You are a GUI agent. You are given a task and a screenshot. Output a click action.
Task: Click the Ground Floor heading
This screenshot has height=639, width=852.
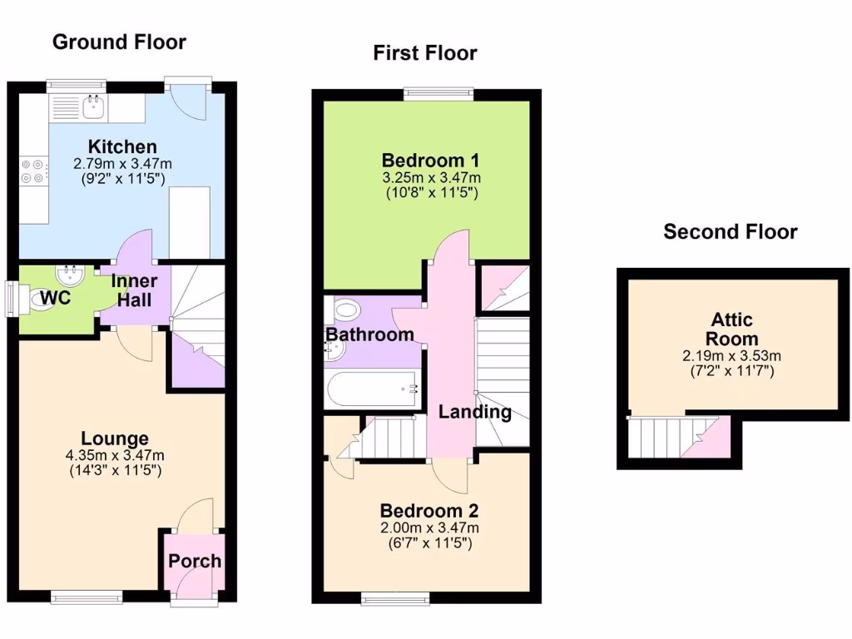point(119,42)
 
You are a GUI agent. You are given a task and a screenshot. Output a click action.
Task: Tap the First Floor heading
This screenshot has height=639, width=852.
point(424,54)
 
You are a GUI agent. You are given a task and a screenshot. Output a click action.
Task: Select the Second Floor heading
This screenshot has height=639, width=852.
point(730,232)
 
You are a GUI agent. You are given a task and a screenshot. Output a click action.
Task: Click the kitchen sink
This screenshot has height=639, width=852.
point(93,105)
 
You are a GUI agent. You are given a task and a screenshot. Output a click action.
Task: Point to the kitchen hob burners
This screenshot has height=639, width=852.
point(32,171)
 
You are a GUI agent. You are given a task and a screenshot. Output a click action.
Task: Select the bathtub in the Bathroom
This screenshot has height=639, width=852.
point(372,389)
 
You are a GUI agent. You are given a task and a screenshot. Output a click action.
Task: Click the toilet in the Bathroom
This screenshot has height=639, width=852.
point(344,310)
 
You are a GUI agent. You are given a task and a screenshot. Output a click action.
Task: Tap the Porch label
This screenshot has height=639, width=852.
point(195,561)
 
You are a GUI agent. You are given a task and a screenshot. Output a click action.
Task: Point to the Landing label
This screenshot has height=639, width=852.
point(475,412)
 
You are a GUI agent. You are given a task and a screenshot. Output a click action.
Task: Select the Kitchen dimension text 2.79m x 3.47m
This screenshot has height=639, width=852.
point(123,164)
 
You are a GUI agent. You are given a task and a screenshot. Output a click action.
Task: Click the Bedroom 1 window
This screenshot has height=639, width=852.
point(438,93)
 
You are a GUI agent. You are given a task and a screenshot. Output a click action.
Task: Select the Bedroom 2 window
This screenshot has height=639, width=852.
point(394,596)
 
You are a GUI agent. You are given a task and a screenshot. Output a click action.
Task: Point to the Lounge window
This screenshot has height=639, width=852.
point(86,595)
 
